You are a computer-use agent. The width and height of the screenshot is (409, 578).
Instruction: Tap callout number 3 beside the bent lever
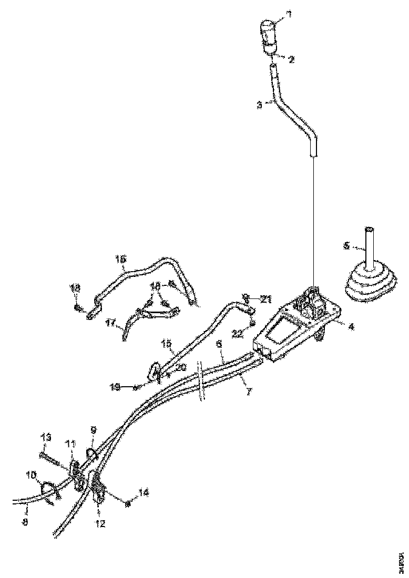click(x=260, y=105)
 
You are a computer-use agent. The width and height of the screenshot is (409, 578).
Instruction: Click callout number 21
click(x=265, y=300)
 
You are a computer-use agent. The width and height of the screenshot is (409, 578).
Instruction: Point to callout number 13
click(x=46, y=437)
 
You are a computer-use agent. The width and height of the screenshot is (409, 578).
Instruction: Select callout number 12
click(x=100, y=523)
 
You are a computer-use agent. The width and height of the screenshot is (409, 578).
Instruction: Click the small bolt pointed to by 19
click(x=136, y=388)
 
